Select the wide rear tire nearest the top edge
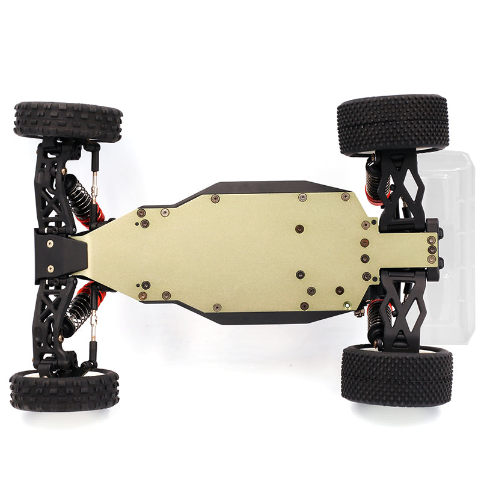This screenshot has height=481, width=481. pos(393,124)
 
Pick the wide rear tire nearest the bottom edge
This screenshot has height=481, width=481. pos(396,375)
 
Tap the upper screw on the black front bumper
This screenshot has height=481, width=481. pos(50,244)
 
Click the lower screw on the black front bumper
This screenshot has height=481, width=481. pos(50,269)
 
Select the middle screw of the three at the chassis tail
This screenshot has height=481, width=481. pos(431,250)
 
